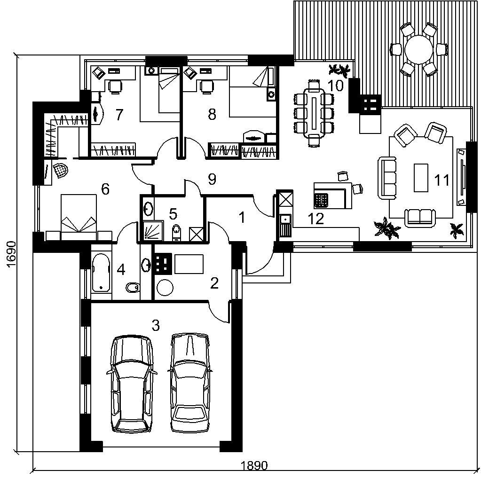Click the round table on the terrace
418,49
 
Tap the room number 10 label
336,86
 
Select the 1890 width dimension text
254,466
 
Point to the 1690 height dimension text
11,255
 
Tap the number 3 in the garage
156,325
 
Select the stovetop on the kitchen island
321,200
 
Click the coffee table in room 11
421,178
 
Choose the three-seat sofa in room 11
387,178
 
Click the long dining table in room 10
314,113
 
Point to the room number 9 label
212,179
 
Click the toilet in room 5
177,232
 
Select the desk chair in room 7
115,86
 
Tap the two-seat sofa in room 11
420,218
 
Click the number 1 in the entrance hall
242,218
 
